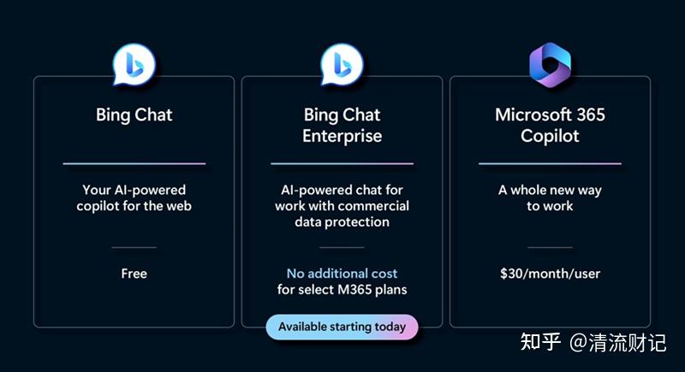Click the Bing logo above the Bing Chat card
[134, 64]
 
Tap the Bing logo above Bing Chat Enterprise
[342, 64]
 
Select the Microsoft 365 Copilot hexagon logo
[550, 64]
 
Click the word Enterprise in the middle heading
[342, 136]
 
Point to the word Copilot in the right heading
[550, 136]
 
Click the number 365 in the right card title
[591, 115]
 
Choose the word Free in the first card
[134, 274]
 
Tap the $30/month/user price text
[550, 274]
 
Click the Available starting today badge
[342, 327]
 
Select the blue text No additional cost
[342, 274]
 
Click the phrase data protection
[342, 222]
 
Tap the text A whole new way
[550, 190]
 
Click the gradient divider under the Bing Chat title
[134, 163]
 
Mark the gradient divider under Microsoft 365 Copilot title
[550, 163]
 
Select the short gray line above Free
[134, 247]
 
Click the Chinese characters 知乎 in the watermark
[540, 342]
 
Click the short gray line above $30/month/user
[550, 247]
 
